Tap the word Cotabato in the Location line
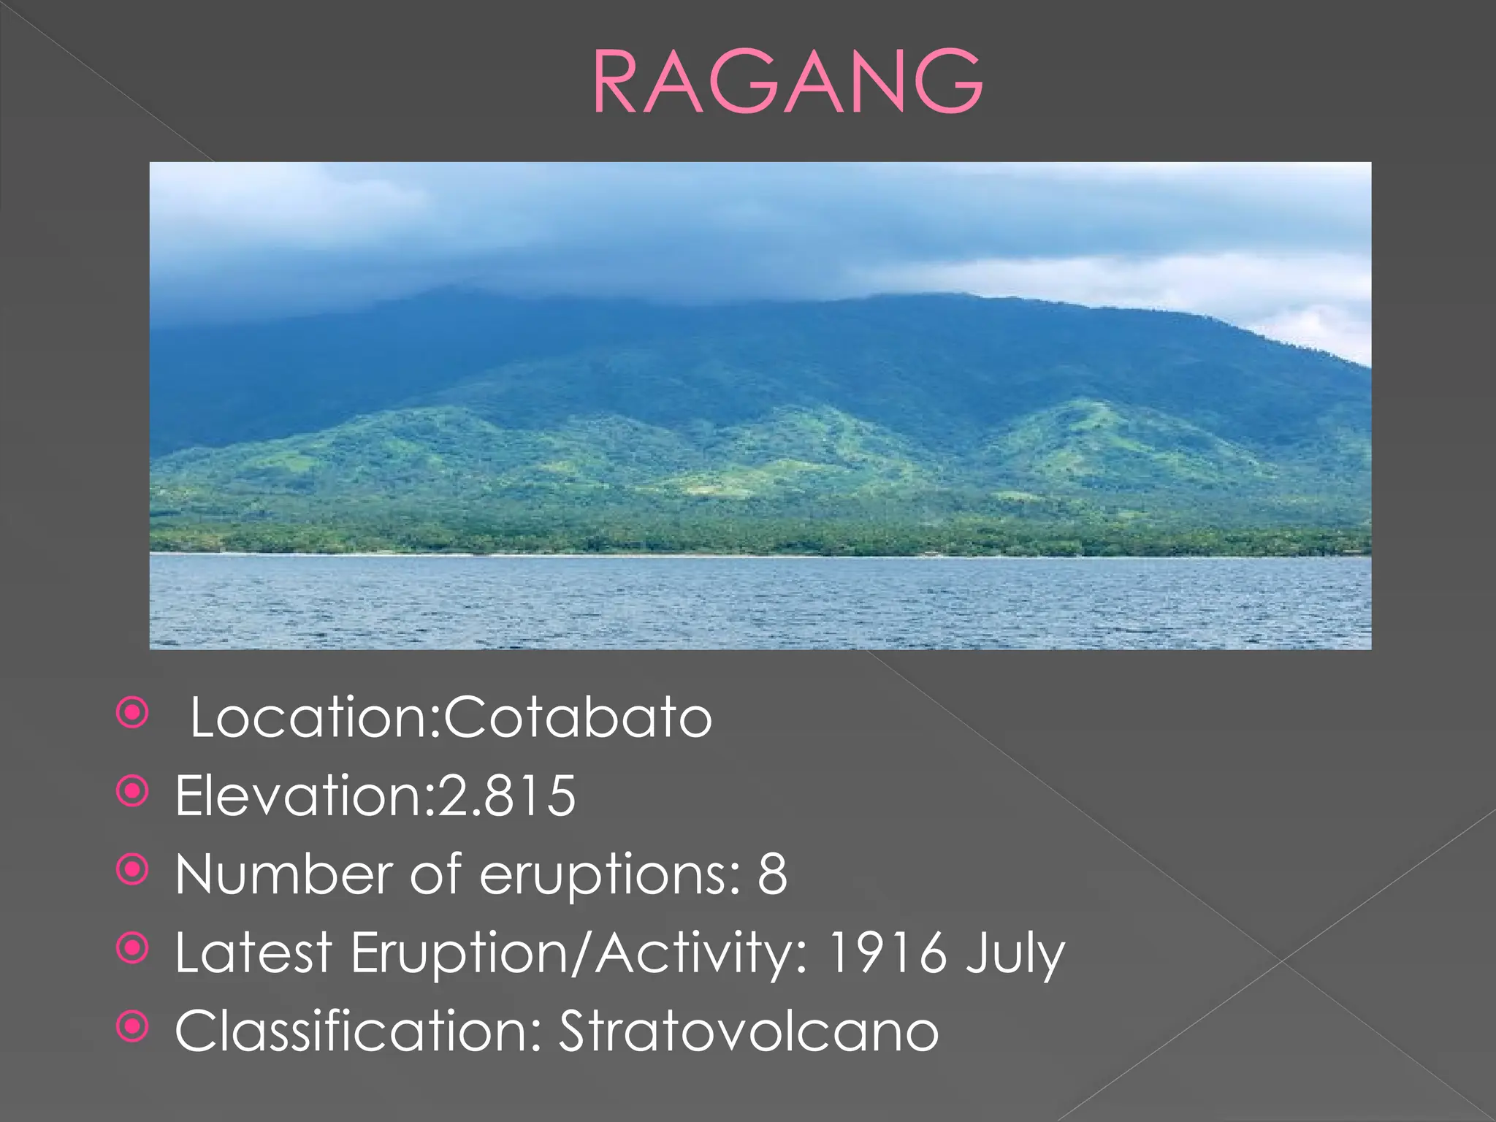[x=578, y=717]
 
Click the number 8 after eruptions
[x=772, y=874]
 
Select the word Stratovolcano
[x=748, y=1031]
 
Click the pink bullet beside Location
[x=133, y=712]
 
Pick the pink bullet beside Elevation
[x=133, y=791]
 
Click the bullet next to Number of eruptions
[x=133, y=869]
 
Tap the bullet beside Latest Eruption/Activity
[x=133, y=948]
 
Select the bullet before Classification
[x=133, y=1026]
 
